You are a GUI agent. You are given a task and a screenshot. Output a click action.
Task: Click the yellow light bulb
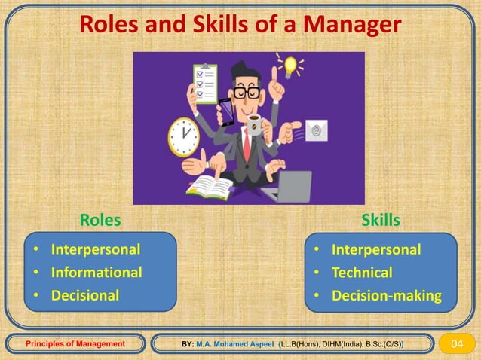pos(290,66)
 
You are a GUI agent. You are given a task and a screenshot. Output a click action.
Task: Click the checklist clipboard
pos(204,84)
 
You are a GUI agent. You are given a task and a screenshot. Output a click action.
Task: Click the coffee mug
pos(255,126)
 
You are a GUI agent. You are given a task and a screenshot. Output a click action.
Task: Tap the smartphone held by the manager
pos(225,113)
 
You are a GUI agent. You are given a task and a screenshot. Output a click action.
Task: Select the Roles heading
pos(100,221)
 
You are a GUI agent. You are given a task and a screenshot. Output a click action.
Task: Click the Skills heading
pos(381,221)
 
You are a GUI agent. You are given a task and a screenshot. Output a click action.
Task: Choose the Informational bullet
pos(96,272)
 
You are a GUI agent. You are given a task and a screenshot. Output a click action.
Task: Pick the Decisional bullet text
pos(84,295)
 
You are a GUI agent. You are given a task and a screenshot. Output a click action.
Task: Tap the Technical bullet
pos(362,272)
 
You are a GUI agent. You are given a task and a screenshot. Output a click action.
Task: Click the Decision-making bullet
pos(386,295)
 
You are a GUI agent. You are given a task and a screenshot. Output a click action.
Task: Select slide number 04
pos(456,344)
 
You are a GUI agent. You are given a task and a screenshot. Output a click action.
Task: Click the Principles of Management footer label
pos(75,344)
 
